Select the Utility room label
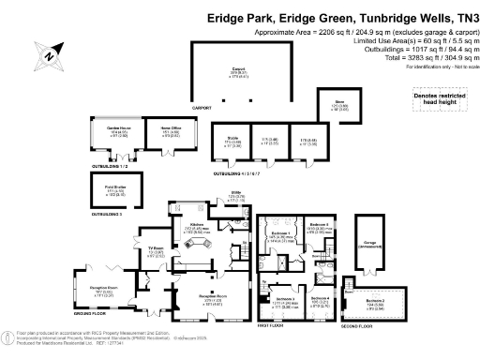coord(235,198)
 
